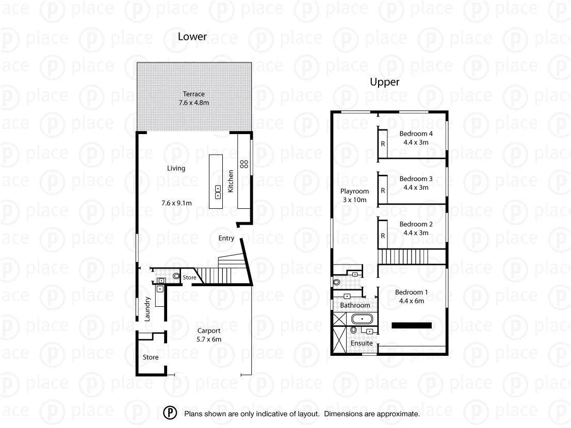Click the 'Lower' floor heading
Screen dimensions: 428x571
pyautogui.click(x=192, y=37)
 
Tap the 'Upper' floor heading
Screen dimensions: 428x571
pyautogui.click(x=384, y=82)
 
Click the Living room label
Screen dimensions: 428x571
pyautogui.click(x=176, y=168)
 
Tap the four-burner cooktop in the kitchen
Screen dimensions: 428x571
pyautogui.click(x=244, y=164)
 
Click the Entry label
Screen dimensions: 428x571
pyautogui.click(x=226, y=238)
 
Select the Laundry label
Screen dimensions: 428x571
pyautogui.click(x=147, y=309)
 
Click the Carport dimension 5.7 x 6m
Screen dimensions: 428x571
pyautogui.click(x=209, y=339)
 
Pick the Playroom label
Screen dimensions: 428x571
pyautogui.click(x=354, y=191)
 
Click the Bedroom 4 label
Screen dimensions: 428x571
pyautogui.click(x=416, y=134)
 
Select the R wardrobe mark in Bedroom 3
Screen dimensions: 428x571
pyautogui.click(x=383, y=190)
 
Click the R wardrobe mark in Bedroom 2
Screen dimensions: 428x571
pyautogui.click(x=383, y=236)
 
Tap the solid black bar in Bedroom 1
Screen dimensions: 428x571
pyautogui.click(x=411, y=325)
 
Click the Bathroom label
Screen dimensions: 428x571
pyautogui.click(x=355, y=305)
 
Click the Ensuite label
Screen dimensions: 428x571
pyautogui.click(x=362, y=343)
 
